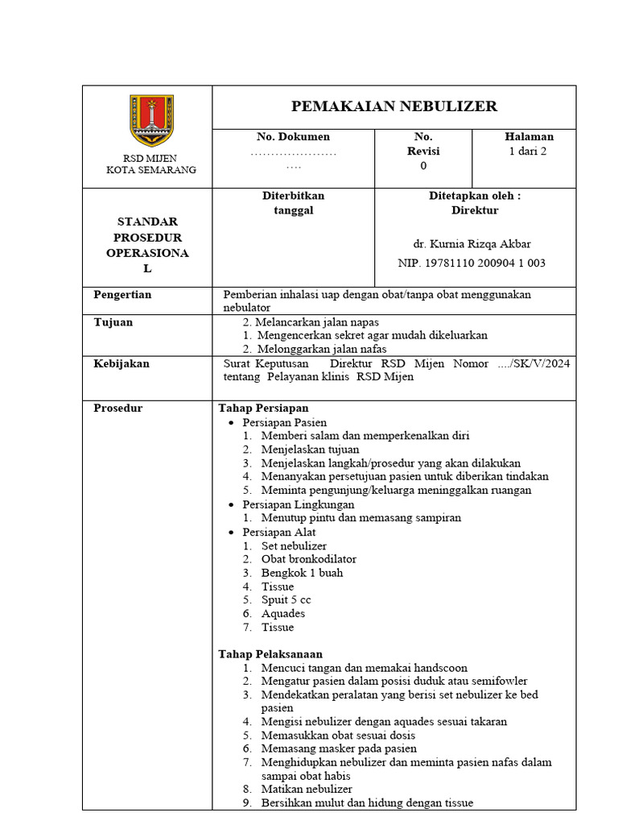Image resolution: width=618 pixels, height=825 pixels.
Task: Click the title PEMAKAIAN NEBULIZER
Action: tap(393, 106)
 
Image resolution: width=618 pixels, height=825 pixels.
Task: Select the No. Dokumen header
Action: tap(293, 137)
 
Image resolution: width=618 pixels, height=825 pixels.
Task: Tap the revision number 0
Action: tap(423, 166)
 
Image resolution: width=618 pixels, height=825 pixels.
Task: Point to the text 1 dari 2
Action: tap(528, 151)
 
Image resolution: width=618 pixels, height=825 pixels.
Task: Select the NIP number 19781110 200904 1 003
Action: tap(472, 263)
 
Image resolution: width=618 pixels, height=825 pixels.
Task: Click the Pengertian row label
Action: tap(122, 295)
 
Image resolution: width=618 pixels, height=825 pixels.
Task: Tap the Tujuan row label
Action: tap(113, 322)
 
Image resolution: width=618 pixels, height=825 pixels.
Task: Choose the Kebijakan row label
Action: tap(122, 363)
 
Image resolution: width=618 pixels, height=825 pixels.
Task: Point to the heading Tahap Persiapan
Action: tap(263, 408)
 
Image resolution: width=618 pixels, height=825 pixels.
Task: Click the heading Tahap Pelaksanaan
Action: tap(270, 654)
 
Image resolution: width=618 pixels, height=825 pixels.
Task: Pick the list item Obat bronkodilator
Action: tap(308, 559)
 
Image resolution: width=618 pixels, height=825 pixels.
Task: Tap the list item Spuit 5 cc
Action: tap(286, 600)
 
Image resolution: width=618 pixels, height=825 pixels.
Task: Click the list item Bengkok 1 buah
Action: tap(302, 573)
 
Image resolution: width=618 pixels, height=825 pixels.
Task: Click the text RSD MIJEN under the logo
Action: tap(150, 158)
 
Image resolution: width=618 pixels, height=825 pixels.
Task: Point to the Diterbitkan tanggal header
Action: tap(293, 203)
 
